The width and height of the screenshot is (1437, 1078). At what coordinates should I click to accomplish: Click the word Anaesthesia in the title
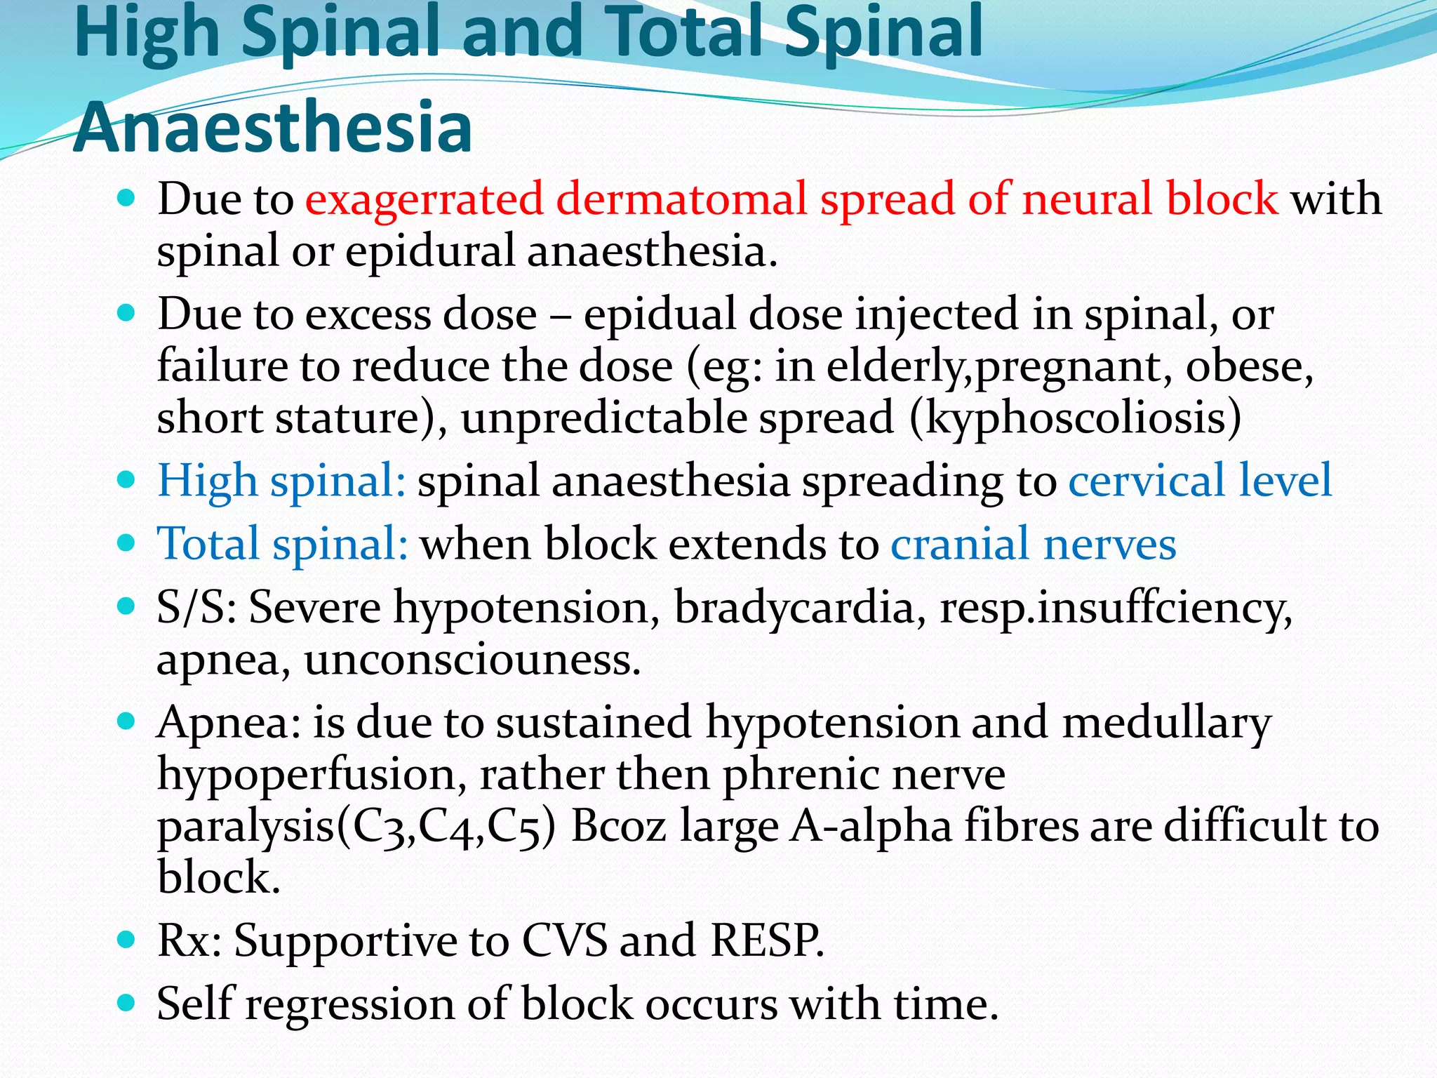pos(272,128)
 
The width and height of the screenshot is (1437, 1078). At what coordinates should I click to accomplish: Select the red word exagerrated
pos(424,199)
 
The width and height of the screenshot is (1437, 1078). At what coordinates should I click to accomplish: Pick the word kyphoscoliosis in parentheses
pos(1075,418)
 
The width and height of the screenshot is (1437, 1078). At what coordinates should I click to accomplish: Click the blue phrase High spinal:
pos(281,481)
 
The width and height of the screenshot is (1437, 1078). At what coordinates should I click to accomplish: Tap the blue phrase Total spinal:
pos(283,544)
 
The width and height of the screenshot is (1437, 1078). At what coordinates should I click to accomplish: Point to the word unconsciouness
pos(472,660)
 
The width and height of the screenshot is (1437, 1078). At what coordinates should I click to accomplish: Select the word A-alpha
pos(871,827)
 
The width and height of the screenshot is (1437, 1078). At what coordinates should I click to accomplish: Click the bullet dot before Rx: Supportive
pos(126,940)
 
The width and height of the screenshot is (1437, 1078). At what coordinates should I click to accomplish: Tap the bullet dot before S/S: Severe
pos(126,606)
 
